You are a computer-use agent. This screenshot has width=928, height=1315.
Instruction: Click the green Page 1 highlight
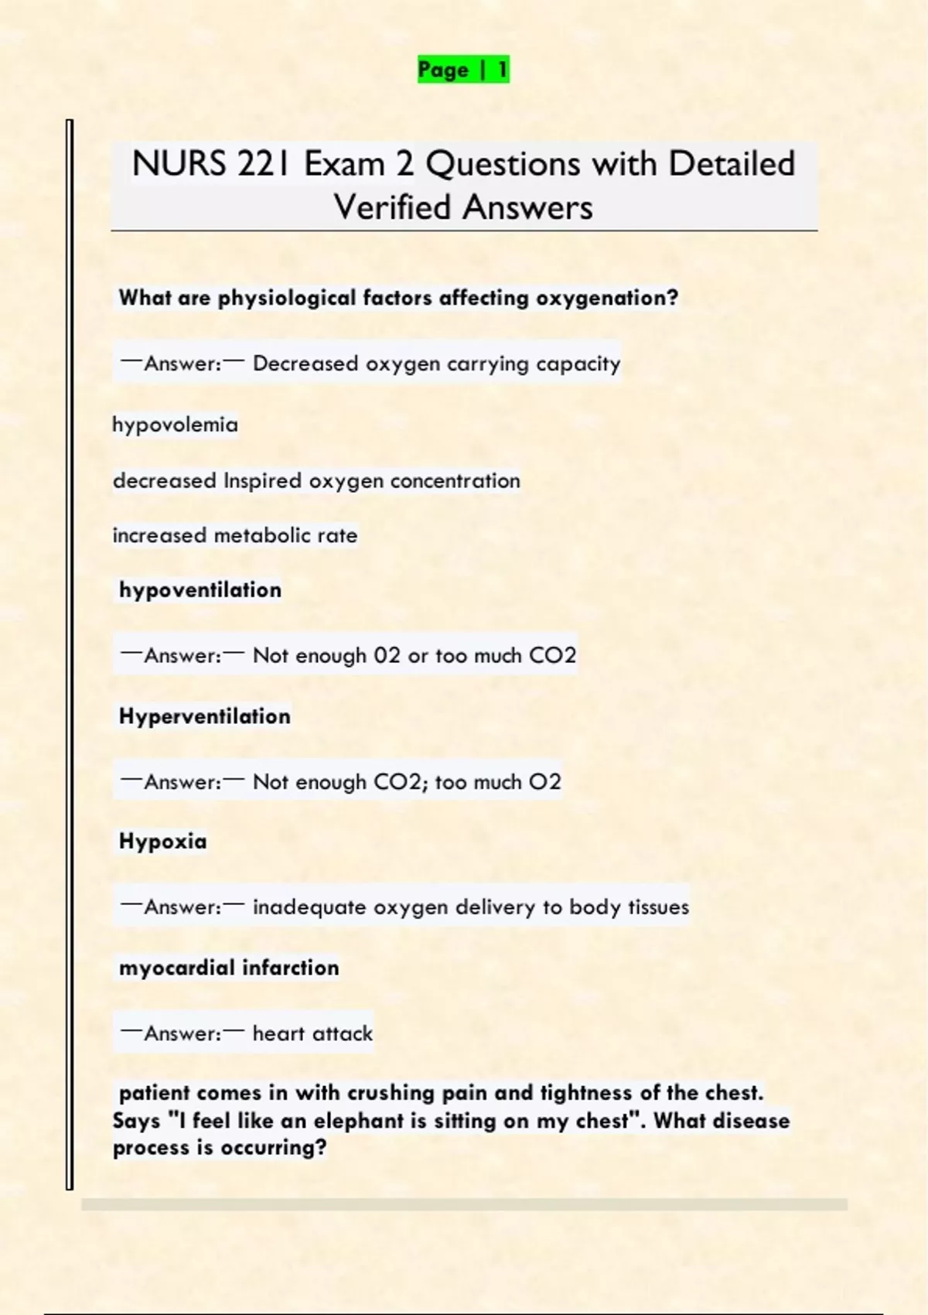click(x=463, y=70)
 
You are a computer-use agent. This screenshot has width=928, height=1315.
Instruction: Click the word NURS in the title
click(x=179, y=164)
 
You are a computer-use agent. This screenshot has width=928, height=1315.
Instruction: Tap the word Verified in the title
click(x=392, y=207)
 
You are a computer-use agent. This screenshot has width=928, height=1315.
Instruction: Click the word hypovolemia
click(x=175, y=425)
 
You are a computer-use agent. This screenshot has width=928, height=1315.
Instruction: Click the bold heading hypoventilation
click(x=200, y=590)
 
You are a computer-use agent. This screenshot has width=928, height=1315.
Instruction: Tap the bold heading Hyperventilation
click(x=205, y=716)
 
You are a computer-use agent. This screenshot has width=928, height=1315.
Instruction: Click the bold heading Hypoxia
click(x=163, y=842)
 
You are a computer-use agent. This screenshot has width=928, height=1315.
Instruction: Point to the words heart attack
click(x=312, y=1033)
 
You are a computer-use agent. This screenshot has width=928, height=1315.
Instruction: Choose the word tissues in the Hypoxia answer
click(x=658, y=907)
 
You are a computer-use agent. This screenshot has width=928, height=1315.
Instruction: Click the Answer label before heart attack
click(x=183, y=1033)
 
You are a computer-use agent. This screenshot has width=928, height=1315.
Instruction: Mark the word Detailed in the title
click(x=732, y=164)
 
